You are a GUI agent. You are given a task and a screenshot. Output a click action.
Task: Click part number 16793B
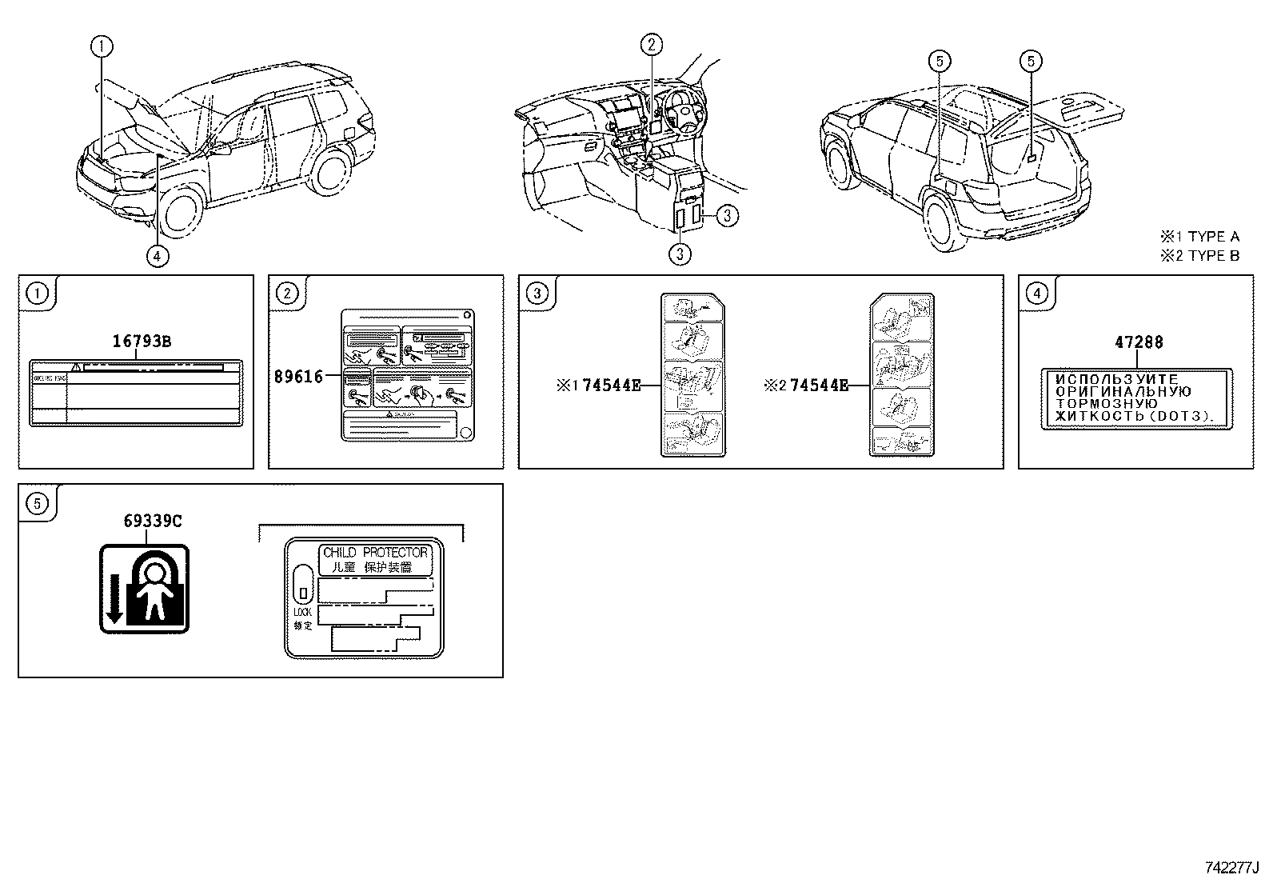(141, 342)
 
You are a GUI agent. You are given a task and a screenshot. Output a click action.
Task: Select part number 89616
(297, 377)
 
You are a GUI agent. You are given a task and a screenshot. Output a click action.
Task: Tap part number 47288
(1139, 342)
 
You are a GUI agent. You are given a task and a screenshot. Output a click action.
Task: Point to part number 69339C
(152, 521)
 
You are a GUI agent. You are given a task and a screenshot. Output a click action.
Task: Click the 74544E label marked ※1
(612, 386)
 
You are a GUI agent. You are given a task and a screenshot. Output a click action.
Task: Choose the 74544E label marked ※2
(819, 386)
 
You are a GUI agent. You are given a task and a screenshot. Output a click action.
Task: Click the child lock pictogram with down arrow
(144, 589)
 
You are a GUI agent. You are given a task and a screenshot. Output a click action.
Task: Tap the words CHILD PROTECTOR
(375, 553)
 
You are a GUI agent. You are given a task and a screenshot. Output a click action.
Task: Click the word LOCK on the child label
(302, 612)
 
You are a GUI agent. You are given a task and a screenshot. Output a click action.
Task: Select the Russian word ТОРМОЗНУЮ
(1107, 404)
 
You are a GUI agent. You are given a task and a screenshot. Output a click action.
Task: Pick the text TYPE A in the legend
(1213, 237)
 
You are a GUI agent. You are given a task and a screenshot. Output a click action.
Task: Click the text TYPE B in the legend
(1213, 256)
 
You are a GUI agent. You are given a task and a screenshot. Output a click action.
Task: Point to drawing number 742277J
(1232, 867)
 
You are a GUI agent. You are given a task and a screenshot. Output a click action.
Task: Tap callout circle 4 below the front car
(158, 255)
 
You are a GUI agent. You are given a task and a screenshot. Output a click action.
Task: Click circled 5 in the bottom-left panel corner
(37, 502)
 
